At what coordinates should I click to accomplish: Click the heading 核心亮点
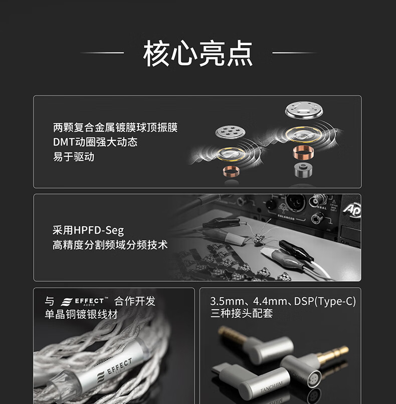(x=198, y=53)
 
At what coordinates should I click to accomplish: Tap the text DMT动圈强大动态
(x=95, y=142)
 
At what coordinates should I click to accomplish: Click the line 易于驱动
(x=74, y=157)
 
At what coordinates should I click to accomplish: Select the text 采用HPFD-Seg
(x=88, y=231)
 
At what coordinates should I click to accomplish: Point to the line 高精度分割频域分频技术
(x=110, y=245)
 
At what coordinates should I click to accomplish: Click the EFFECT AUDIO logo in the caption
(x=85, y=301)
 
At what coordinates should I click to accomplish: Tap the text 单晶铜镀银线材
(x=81, y=314)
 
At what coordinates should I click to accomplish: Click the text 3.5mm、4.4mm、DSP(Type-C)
(x=283, y=301)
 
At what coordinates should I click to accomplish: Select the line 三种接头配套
(x=242, y=314)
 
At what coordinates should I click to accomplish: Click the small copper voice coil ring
(x=231, y=171)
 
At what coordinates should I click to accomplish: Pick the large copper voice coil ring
(x=303, y=152)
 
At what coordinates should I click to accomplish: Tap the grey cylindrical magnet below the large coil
(x=303, y=170)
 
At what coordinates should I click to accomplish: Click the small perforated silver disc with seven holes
(x=230, y=132)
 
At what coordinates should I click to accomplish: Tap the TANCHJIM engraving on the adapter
(x=272, y=387)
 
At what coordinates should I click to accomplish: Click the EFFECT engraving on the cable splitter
(x=119, y=366)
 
